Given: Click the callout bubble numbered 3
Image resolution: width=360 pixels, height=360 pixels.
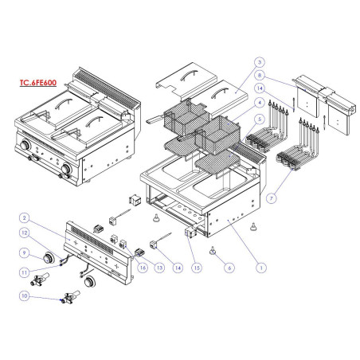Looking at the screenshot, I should coord(259,61).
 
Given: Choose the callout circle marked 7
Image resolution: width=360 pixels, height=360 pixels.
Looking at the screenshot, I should coord(276,194).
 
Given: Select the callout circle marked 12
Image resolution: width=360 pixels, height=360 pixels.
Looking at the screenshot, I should coord(25,233).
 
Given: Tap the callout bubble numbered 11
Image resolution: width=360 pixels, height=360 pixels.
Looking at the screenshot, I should coord(25,271).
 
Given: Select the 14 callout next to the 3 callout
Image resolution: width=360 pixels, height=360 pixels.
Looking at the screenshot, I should coord(259,88).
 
